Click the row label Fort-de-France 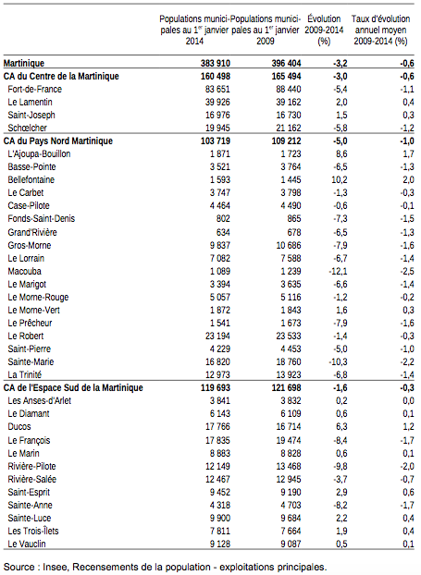[35, 89]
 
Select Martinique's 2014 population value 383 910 [216, 64]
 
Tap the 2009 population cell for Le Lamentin [289, 102]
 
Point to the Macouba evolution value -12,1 [338, 272]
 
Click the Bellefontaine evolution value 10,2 [340, 179]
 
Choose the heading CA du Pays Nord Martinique [58, 141]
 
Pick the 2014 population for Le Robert [217, 336]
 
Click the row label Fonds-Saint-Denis [42, 219]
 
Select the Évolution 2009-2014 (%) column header [324, 30]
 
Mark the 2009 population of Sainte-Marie [289, 362]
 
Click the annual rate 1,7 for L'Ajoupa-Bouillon [409, 154]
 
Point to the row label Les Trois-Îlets [33, 531]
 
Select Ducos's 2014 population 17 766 [217, 427]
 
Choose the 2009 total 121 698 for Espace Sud [286, 388]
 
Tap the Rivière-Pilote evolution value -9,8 [341, 467]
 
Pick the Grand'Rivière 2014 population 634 [223, 232]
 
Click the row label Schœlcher [28, 128]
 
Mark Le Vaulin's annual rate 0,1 [409, 544]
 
